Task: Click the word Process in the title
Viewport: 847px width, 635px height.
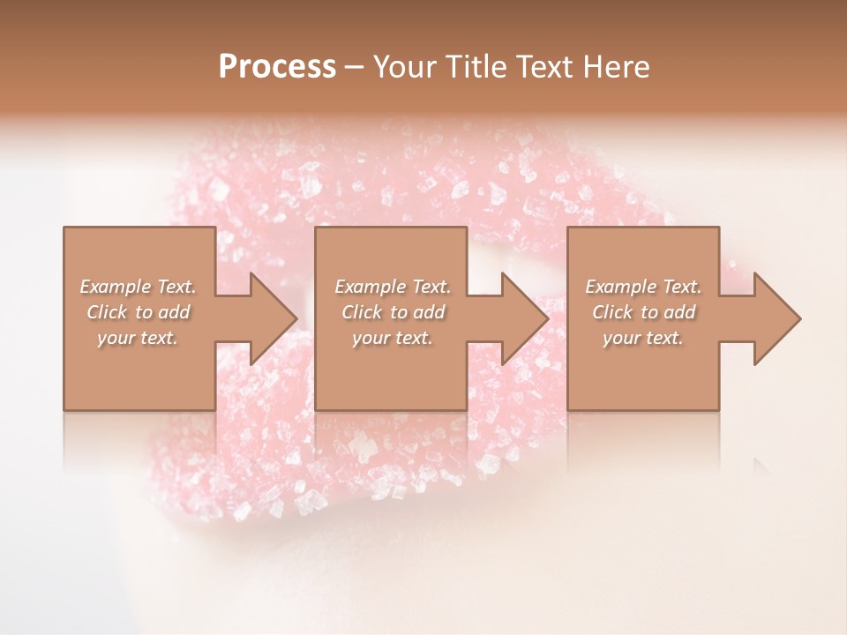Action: [x=277, y=67]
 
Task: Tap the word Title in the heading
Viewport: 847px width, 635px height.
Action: [x=477, y=67]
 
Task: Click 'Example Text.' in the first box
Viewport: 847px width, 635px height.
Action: [x=138, y=287]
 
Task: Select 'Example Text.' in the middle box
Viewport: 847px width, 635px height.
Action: [x=393, y=287]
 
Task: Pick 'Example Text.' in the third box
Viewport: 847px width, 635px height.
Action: [x=643, y=287]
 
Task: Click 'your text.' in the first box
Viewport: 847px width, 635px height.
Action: [x=138, y=338]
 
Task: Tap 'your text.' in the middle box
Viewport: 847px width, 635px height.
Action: [x=393, y=338]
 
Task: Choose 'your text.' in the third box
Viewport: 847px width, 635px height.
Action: [x=643, y=338]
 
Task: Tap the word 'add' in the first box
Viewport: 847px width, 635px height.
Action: [x=175, y=312]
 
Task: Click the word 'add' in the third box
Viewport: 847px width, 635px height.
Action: [x=680, y=312]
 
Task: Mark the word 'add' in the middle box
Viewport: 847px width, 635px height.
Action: [x=430, y=312]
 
